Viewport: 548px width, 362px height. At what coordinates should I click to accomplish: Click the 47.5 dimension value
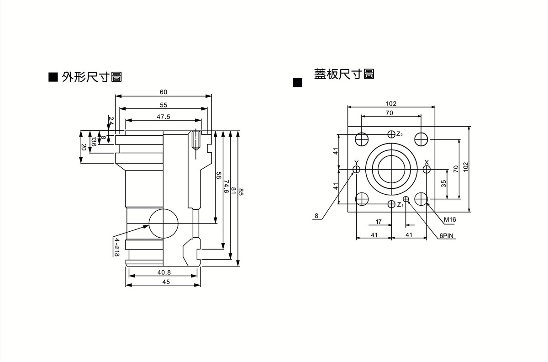click(163, 117)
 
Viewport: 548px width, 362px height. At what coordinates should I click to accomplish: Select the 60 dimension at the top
click(163, 92)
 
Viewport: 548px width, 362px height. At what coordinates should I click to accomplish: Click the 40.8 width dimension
click(164, 272)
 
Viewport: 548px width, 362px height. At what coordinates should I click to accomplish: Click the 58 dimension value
click(218, 176)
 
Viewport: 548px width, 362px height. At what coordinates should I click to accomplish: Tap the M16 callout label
click(450, 220)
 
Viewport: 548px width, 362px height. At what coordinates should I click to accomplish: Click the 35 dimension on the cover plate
click(443, 184)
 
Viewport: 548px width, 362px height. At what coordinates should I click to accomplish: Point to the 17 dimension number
click(379, 222)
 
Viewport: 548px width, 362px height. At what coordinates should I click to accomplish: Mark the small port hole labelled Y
click(356, 170)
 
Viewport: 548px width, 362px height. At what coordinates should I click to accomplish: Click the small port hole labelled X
click(427, 170)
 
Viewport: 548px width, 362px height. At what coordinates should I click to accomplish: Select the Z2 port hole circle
click(391, 134)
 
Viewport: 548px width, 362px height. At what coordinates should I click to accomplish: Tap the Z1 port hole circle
click(391, 204)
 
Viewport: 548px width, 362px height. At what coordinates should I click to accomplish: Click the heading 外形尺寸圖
click(92, 77)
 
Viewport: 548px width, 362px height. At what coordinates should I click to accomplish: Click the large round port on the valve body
click(163, 224)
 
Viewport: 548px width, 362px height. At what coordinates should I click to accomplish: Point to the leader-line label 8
click(316, 215)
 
